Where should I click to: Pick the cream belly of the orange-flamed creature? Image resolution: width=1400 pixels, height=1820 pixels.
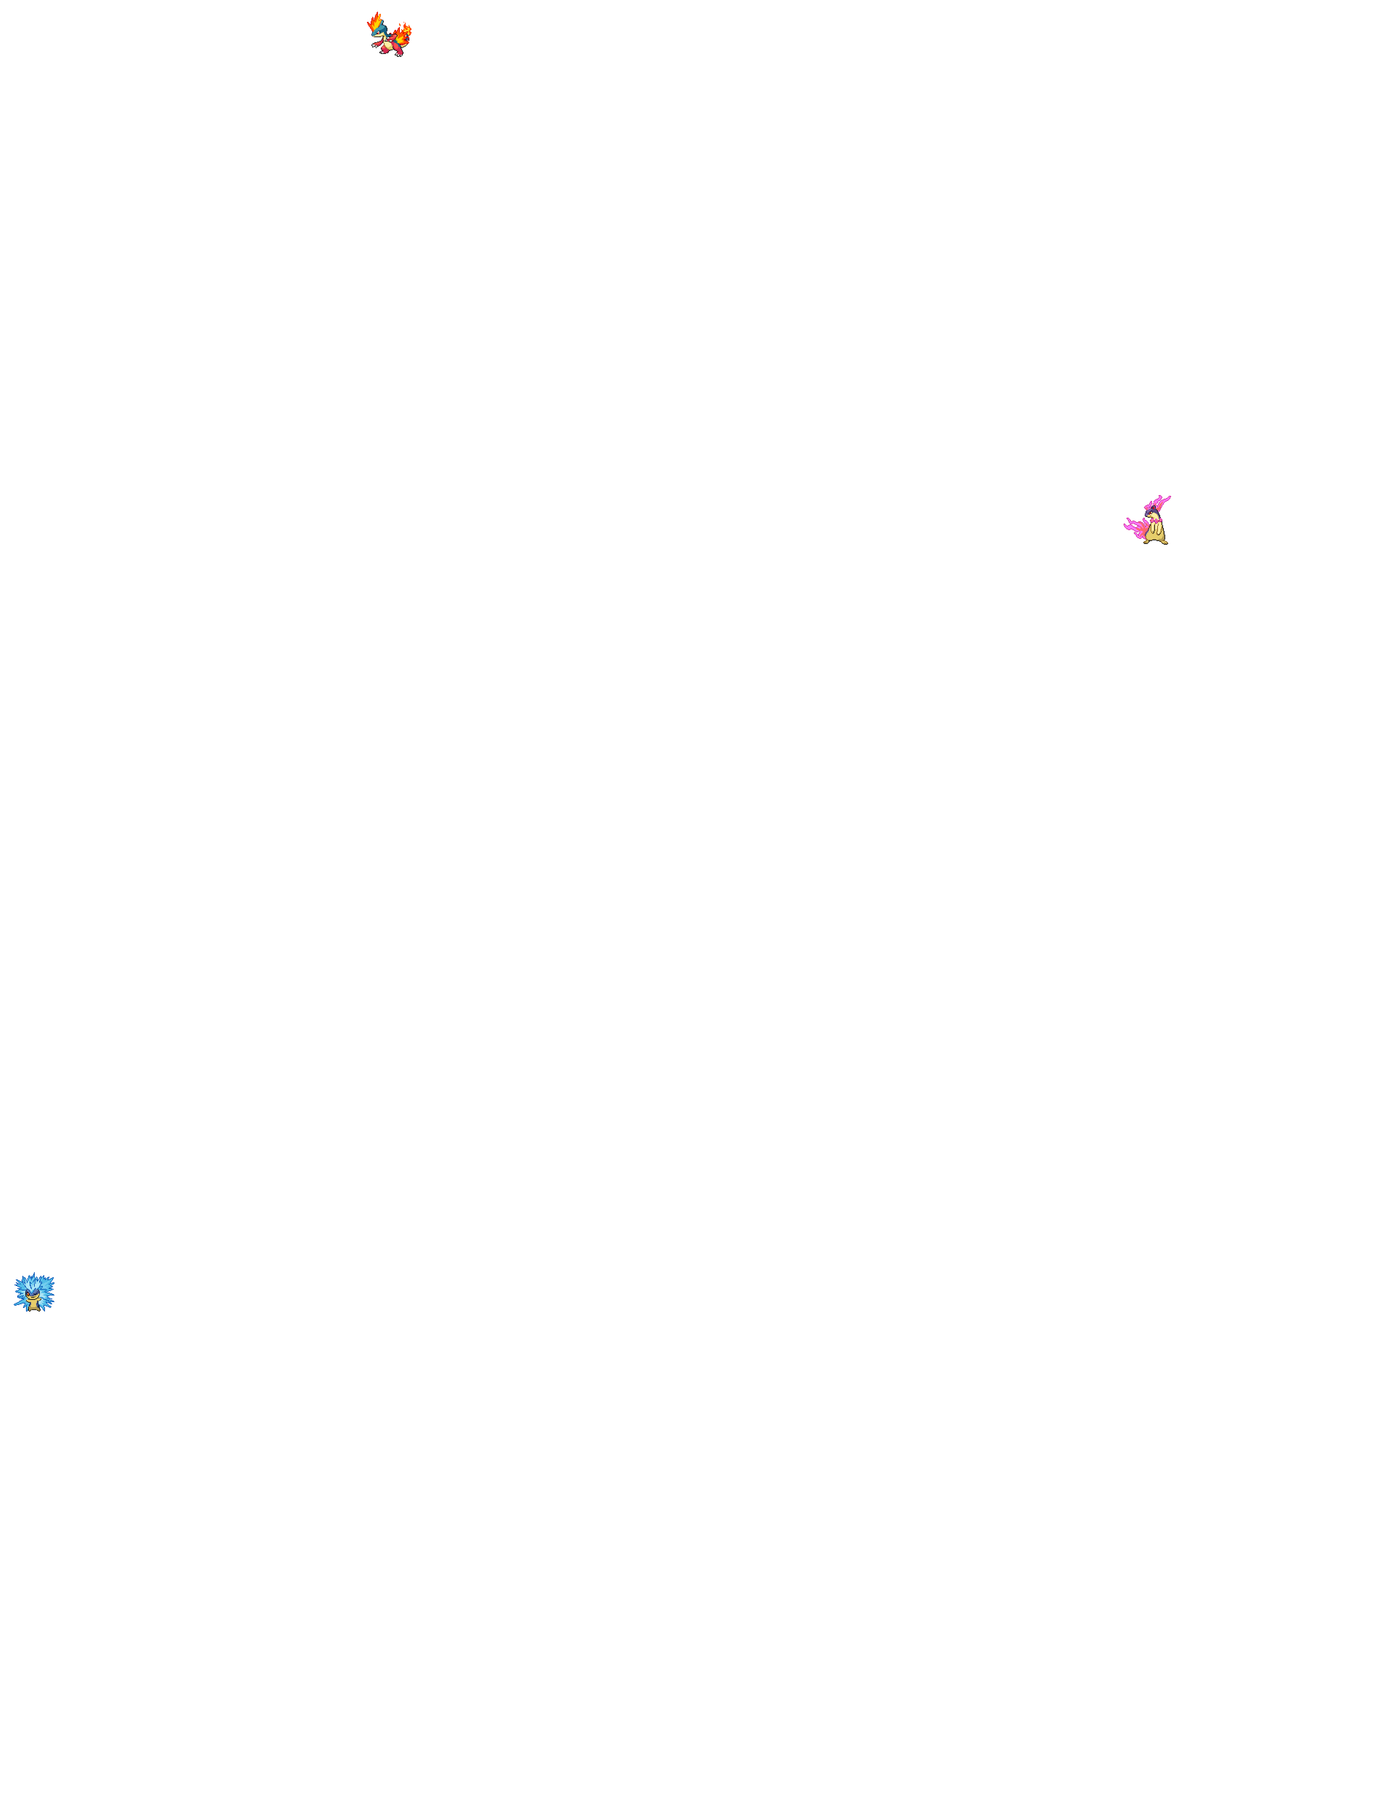388,45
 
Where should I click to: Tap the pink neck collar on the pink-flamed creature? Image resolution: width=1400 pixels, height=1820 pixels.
1156,521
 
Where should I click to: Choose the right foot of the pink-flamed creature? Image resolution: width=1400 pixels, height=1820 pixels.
1165,542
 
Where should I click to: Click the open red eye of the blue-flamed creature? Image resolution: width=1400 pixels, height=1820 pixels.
28,1294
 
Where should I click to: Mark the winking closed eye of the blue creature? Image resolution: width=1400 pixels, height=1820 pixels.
35,1294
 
